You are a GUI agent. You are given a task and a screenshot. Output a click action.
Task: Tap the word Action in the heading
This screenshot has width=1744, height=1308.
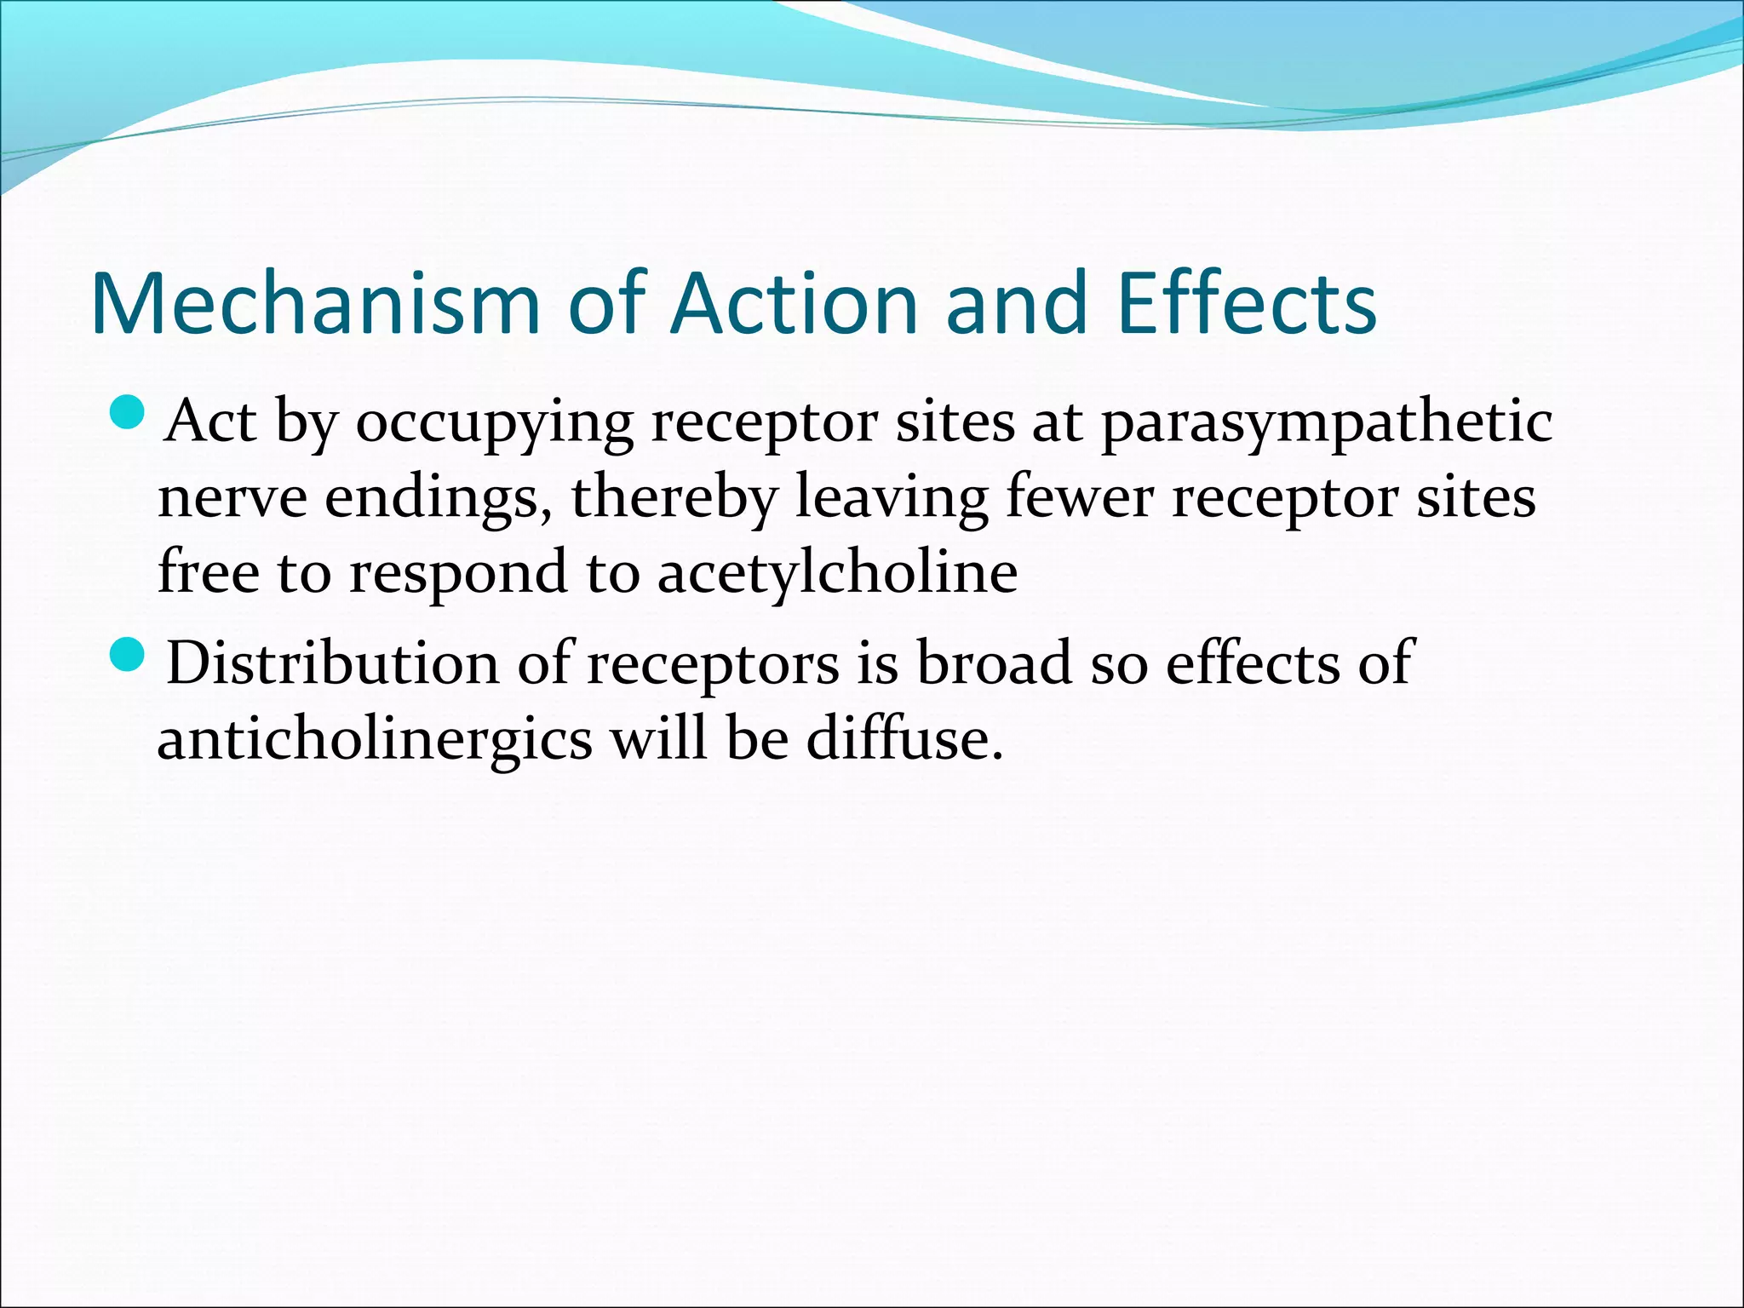coord(794,304)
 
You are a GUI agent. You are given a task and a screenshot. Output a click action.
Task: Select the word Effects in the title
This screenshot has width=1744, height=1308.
coord(1247,304)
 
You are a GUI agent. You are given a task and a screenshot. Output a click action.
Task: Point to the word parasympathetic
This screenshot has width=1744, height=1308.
coord(1326,423)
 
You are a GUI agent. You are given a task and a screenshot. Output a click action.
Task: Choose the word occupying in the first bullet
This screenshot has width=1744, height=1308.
coord(494,423)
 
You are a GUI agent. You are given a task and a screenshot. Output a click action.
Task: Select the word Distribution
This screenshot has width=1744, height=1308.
coord(332,663)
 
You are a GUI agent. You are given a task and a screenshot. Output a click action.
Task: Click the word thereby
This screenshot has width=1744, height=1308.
coord(674,497)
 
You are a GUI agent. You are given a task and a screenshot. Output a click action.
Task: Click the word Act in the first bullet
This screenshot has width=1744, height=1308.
coord(210,422)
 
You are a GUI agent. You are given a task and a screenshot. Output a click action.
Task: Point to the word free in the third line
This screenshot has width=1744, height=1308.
coord(208,571)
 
